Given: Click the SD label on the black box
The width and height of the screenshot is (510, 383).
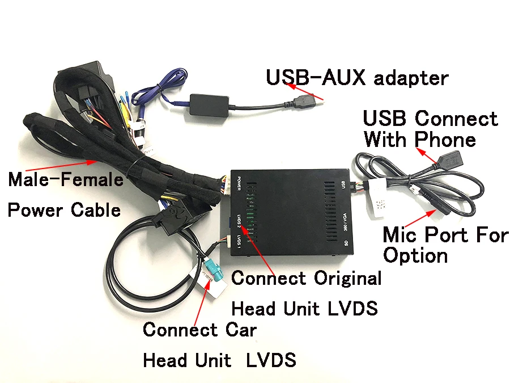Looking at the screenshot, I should point(345,242).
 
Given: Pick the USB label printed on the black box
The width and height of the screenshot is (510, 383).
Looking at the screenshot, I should point(343,185).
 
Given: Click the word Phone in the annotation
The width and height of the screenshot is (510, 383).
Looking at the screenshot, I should point(447,139).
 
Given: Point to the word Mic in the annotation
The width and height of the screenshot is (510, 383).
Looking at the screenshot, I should point(405,234).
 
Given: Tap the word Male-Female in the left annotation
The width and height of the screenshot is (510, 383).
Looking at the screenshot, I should point(66,180).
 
